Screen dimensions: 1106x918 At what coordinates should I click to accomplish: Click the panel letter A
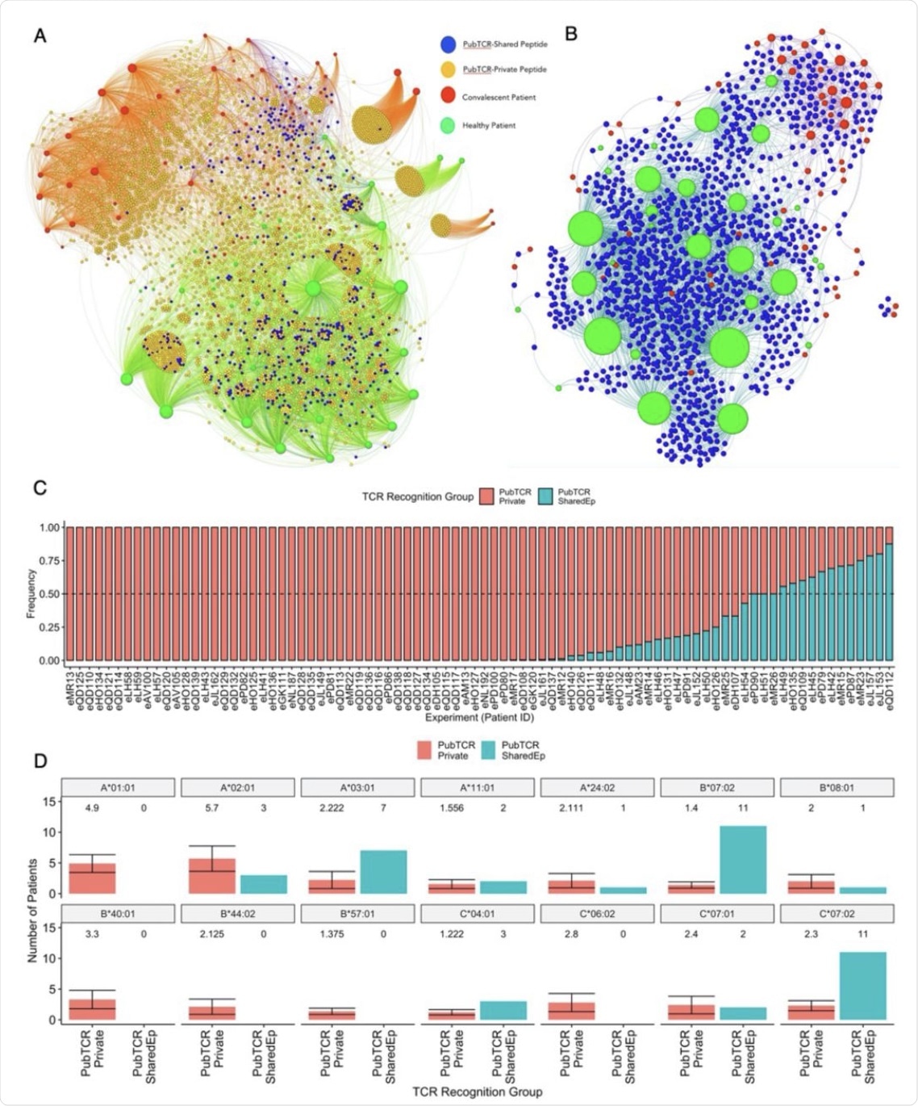click(x=40, y=36)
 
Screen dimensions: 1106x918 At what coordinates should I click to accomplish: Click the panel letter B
click(x=571, y=34)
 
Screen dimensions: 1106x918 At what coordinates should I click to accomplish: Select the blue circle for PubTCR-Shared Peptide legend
click(x=448, y=44)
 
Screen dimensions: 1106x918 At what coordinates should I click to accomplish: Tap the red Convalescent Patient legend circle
click(x=448, y=97)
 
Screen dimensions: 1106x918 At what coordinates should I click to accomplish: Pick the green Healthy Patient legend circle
click(x=448, y=125)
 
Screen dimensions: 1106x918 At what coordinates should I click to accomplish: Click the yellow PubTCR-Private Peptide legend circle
click(x=448, y=69)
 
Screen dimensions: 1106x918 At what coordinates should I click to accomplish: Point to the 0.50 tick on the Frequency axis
click(x=50, y=594)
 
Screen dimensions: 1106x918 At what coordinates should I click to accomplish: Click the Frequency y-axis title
click(x=31, y=593)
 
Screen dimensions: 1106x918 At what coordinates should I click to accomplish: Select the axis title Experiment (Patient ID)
click(x=480, y=718)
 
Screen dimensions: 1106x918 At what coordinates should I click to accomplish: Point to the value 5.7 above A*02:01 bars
click(x=212, y=808)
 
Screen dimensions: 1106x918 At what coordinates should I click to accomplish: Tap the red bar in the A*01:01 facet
click(x=92, y=878)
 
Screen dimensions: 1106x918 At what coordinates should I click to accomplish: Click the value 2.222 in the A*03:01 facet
click(x=332, y=808)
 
